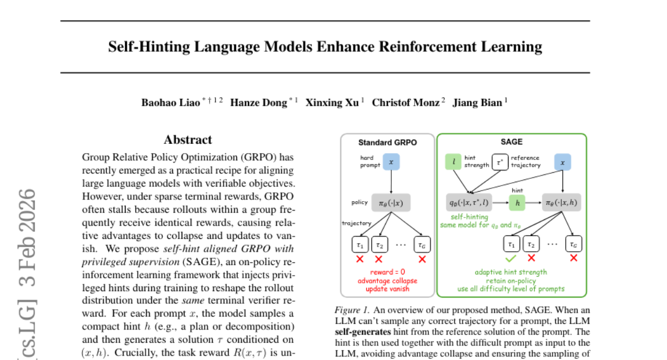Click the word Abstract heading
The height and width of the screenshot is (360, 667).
(x=188, y=140)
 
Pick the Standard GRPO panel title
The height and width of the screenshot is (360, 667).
(x=387, y=142)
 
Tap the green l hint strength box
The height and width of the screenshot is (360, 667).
(x=454, y=162)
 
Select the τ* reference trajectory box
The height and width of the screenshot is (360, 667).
(x=500, y=162)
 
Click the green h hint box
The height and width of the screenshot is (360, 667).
(x=517, y=203)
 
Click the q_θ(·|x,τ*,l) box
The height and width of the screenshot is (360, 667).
(x=469, y=203)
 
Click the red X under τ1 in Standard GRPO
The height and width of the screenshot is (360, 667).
(x=360, y=258)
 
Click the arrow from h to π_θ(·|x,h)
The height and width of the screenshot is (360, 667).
(x=534, y=203)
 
